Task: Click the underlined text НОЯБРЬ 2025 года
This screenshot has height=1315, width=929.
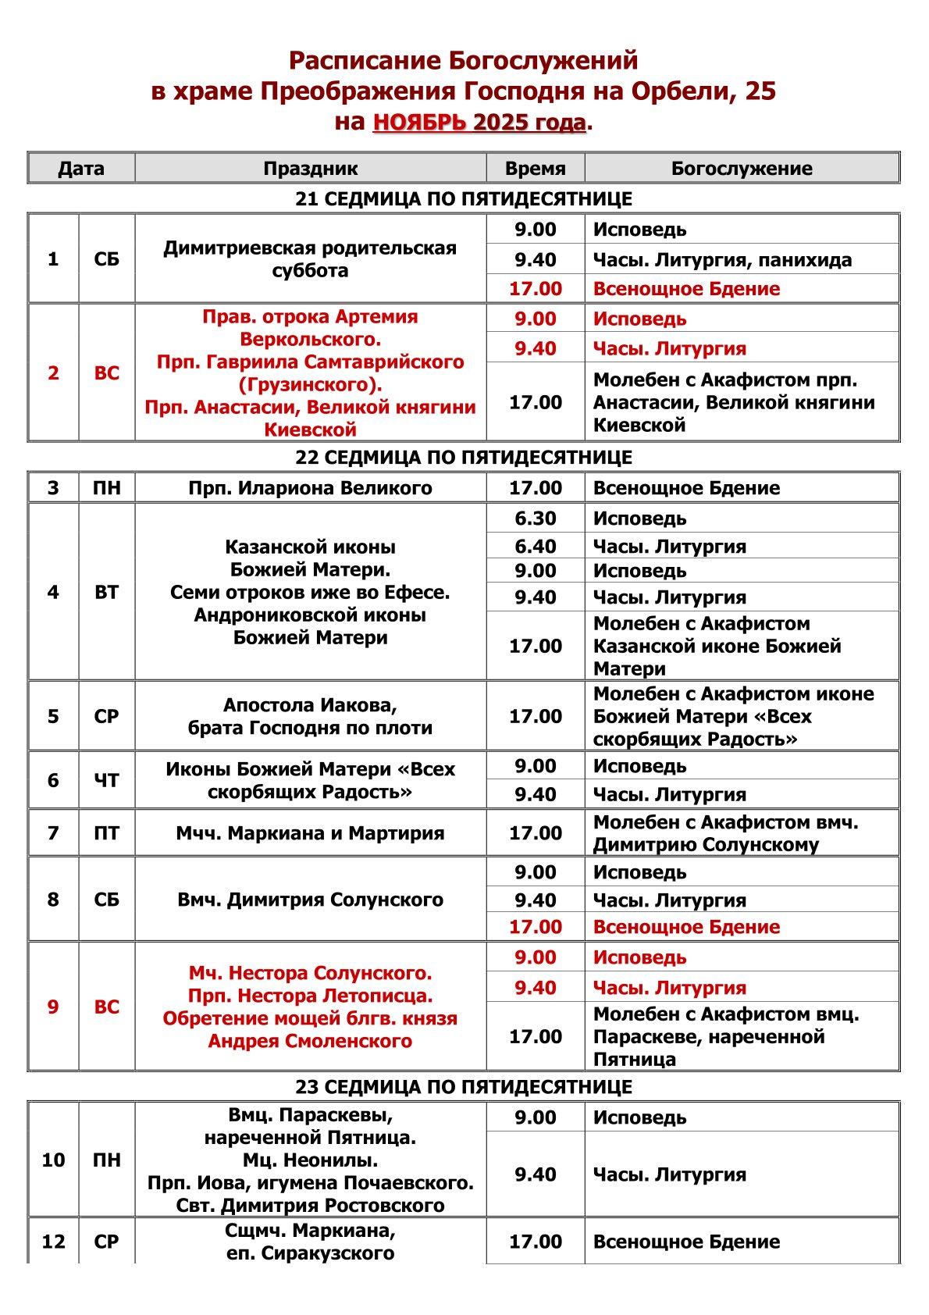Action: pyautogui.click(x=479, y=123)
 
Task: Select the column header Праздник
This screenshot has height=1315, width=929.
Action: pyautogui.click(x=310, y=168)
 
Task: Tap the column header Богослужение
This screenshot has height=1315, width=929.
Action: pyautogui.click(x=742, y=168)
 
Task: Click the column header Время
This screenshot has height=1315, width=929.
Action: pyautogui.click(x=535, y=168)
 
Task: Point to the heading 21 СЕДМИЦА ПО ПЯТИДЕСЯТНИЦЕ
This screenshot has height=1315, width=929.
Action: pyautogui.click(x=464, y=198)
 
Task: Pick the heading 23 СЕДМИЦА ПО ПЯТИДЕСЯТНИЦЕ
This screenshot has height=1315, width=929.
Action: pyautogui.click(x=464, y=1086)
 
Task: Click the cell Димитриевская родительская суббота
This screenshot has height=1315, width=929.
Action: pyautogui.click(x=310, y=259)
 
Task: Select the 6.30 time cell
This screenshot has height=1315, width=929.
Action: pyautogui.click(x=535, y=519)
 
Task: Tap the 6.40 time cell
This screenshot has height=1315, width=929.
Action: pyautogui.click(x=535, y=547)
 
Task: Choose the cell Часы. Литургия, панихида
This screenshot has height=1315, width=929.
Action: pyautogui.click(x=722, y=260)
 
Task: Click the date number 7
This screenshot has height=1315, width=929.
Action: pyautogui.click(x=53, y=833)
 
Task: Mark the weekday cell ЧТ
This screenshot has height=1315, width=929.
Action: pyautogui.click(x=106, y=780)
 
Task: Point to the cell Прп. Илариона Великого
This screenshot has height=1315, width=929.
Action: pyautogui.click(x=310, y=488)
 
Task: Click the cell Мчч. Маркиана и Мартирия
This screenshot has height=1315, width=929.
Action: pyautogui.click(x=310, y=833)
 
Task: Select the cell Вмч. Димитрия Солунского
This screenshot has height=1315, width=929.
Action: pyautogui.click(x=310, y=900)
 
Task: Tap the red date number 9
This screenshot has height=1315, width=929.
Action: pyautogui.click(x=53, y=1007)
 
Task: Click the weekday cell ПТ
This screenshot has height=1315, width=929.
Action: pyautogui.click(x=106, y=833)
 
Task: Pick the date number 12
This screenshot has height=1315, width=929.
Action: pyautogui.click(x=53, y=1242)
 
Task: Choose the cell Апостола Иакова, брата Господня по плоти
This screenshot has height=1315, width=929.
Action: pyautogui.click(x=310, y=716)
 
